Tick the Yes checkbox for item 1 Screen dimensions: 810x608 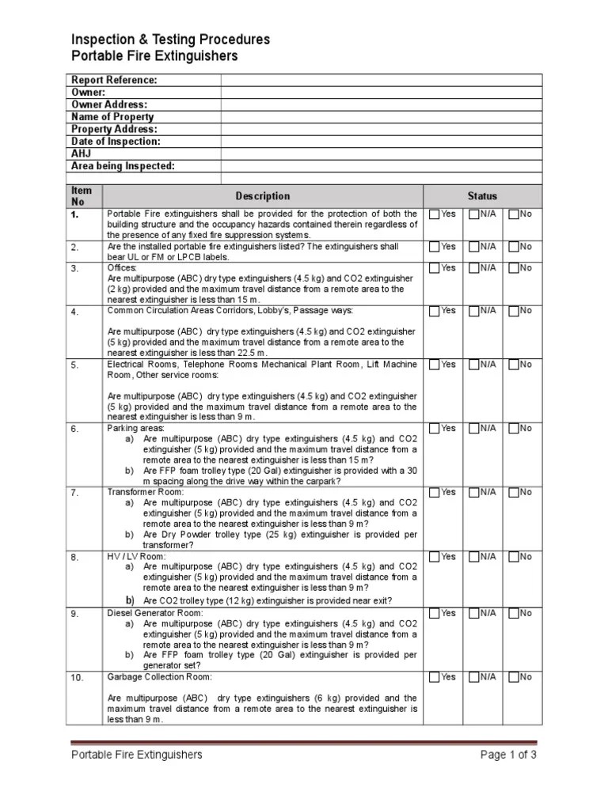(x=435, y=214)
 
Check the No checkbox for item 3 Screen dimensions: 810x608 (x=514, y=268)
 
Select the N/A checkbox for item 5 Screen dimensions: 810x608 (x=473, y=365)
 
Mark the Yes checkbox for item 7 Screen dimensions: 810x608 (x=435, y=492)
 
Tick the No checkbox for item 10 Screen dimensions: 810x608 (x=514, y=677)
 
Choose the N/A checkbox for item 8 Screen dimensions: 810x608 (x=473, y=557)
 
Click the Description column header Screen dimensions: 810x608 (x=263, y=196)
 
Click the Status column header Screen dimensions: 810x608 (x=482, y=196)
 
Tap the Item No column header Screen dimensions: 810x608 (x=82, y=196)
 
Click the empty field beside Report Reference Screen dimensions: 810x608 (x=381, y=80)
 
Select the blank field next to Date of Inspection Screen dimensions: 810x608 (x=381, y=142)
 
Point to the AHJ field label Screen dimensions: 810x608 (x=82, y=153)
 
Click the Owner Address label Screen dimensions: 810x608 (x=109, y=104)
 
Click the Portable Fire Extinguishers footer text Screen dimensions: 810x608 (x=136, y=755)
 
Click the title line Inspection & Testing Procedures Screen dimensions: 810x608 (x=170, y=40)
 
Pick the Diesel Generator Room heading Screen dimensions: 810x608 (x=155, y=613)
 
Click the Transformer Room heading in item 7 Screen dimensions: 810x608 (x=145, y=492)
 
